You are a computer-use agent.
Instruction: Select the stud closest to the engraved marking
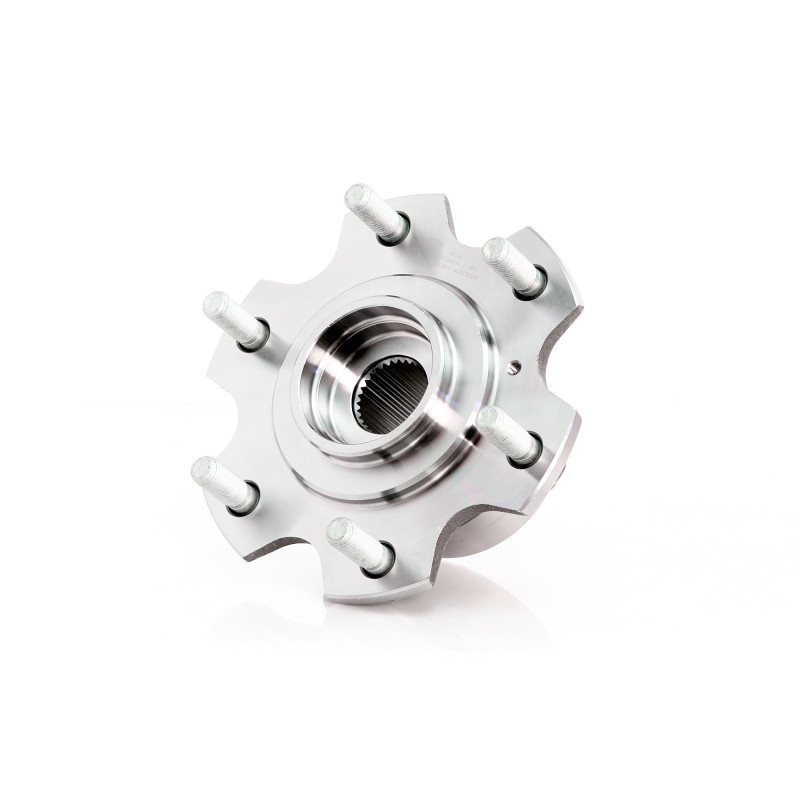click(x=512, y=264)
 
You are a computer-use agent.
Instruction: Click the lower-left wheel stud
click(x=223, y=482)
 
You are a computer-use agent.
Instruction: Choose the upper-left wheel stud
click(x=234, y=318)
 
